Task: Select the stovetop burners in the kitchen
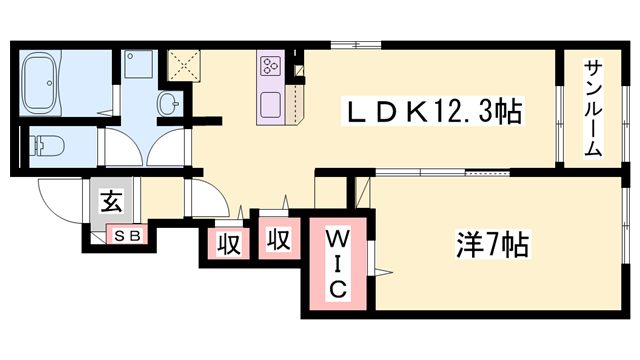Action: [271, 66]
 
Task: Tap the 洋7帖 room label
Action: [487, 243]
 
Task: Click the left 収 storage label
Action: [228, 244]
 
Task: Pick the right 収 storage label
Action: [278, 240]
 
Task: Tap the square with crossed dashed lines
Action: [184, 64]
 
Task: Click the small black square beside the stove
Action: [297, 68]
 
